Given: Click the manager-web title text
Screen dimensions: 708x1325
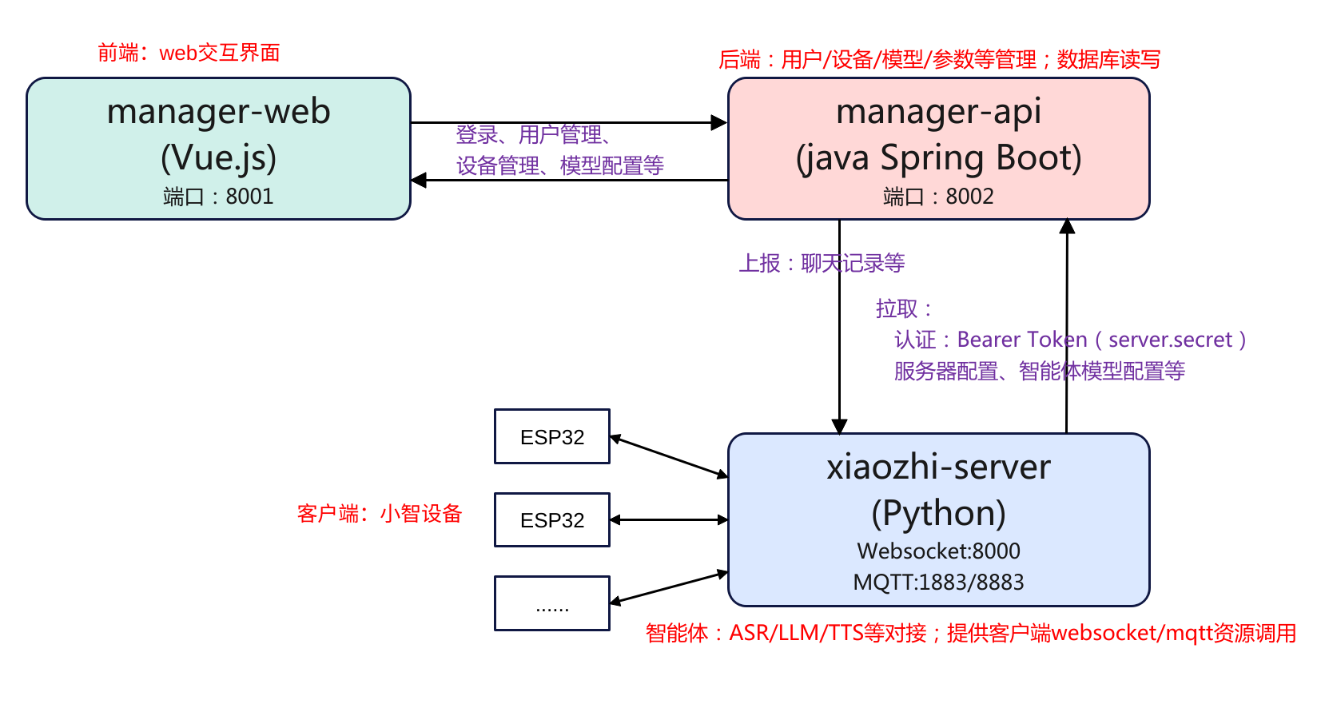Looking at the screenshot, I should [218, 112].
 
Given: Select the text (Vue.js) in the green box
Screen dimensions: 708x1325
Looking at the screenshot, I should [218, 157].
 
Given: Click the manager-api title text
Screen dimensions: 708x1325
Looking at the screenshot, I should [938, 112].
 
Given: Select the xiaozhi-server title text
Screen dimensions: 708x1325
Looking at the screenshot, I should [938, 467].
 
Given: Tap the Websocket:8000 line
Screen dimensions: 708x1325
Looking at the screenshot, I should [938, 551].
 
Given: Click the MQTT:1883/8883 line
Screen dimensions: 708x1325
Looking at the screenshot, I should [938, 582].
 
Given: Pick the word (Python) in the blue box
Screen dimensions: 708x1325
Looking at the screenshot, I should [938, 513].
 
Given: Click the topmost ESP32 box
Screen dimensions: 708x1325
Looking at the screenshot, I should [551, 436].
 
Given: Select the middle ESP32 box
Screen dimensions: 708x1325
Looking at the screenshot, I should [551, 519].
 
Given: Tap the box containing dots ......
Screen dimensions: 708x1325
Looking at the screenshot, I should [551, 603].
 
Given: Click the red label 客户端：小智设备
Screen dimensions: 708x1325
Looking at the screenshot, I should [380, 513].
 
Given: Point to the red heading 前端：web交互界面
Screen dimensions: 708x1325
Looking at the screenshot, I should [189, 53].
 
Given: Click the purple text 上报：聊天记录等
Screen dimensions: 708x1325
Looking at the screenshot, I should [822, 263].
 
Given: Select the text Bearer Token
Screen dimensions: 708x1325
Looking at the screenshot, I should [1022, 340].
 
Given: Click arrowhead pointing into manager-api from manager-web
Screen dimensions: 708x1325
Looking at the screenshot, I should [719, 123].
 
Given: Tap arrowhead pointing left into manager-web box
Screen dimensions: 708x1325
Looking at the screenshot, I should [419, 181].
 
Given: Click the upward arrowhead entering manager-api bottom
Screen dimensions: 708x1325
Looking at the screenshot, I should [1067, 227].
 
